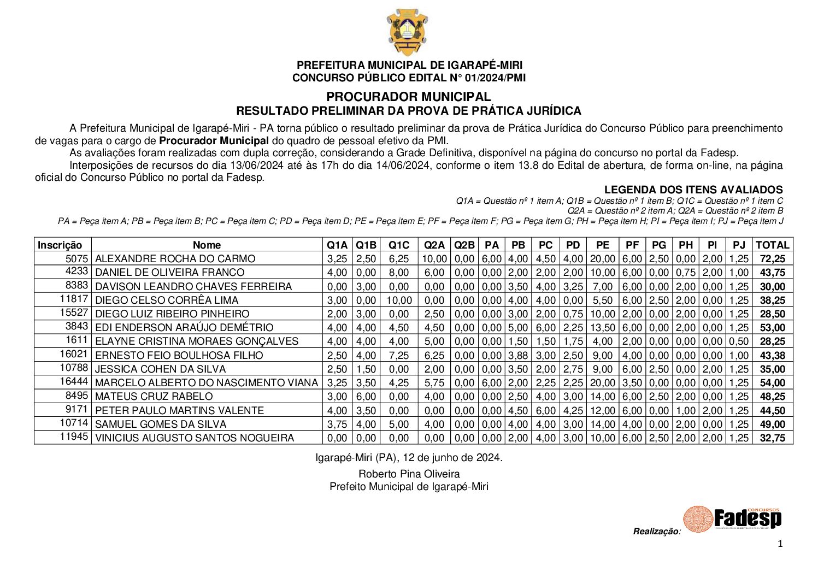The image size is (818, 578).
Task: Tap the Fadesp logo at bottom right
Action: tap(732, 518)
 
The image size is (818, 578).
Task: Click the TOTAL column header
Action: tap(772, 245)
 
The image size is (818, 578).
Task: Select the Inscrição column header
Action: tap(60, 245)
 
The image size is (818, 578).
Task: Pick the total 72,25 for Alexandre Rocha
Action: tap(772, 259)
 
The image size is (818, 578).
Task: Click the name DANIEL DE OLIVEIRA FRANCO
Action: tap(169, 273)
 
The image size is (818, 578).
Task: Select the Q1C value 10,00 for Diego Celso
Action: tap(399, 300)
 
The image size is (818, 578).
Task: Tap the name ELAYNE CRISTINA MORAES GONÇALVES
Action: tap(197, 341)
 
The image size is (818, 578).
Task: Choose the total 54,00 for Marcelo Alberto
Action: tap(772, 383)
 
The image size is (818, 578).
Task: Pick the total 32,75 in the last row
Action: tap(772, 438)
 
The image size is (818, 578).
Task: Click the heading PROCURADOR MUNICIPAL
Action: tap(409, 97)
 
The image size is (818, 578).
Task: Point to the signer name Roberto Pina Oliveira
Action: tap(409, 474)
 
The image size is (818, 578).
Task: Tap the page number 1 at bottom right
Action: tap(780, 544)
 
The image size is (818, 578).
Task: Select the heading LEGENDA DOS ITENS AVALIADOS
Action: tap(693, 190)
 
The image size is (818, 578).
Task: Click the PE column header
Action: tap(603, 245)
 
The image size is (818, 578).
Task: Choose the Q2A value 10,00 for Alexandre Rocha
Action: tap(434, 259)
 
